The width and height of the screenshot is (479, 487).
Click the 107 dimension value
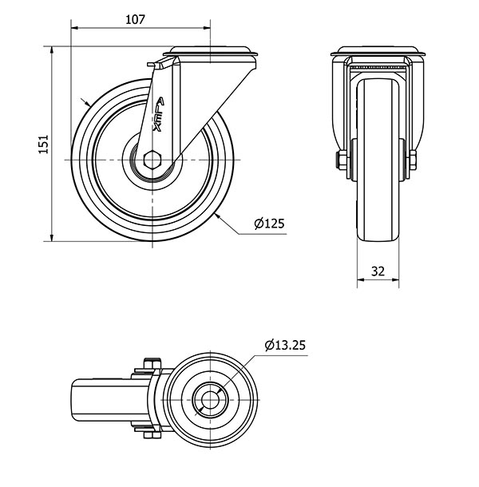click(135, 20)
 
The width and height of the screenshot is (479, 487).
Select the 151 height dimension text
click(44, 144)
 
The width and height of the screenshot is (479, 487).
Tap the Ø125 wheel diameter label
click(269, 224)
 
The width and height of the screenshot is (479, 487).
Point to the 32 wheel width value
click(378, 271)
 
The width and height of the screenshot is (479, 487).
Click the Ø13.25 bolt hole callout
click(285, 345)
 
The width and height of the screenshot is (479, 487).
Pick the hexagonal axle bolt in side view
click(152, 160)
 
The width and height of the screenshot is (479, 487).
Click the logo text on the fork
click(159, 115)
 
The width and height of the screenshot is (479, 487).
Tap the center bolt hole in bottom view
click(210, 400)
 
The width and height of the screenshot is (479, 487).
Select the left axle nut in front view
click(342, 160)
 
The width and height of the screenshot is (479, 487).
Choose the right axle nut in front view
click(413, 160)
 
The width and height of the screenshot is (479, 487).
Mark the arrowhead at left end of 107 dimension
click(75, 28)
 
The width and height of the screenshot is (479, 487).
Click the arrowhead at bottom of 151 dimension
click(52, 238)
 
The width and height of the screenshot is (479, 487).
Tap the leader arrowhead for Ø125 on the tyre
click(218, 216)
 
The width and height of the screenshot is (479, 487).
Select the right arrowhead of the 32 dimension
click(395, 280)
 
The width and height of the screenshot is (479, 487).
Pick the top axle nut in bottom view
click(152, 363)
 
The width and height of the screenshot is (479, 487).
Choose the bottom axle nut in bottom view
click(152, 435)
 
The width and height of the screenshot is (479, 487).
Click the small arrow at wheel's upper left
click(85, 102)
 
